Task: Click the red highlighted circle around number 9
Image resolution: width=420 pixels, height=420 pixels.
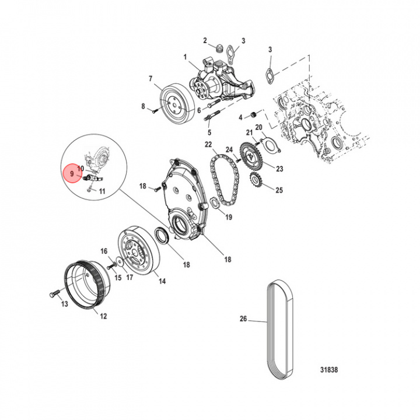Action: point(72,173)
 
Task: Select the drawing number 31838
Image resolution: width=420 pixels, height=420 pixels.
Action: point(329,370)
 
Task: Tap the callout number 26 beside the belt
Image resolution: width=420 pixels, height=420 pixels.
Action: point(243,318)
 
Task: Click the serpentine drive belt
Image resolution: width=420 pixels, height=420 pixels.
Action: point(280,330)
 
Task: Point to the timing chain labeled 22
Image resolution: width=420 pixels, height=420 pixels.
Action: point(225,180)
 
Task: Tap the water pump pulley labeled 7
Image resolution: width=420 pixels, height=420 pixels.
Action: point(177,104)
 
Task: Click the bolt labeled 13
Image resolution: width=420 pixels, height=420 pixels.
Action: point(54,293)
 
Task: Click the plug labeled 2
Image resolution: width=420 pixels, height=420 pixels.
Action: point(219,49)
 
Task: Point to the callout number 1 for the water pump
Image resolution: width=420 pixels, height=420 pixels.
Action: point(185,57)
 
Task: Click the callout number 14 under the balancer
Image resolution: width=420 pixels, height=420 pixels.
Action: point(162,281)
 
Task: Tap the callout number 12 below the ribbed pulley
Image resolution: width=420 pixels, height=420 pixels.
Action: point(103,316)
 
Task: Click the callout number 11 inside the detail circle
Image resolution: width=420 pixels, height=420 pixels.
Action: point(102,191)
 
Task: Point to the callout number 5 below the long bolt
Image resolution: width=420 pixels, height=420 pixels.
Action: point(209,132)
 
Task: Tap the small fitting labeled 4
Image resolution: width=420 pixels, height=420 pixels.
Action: point(253,115)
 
